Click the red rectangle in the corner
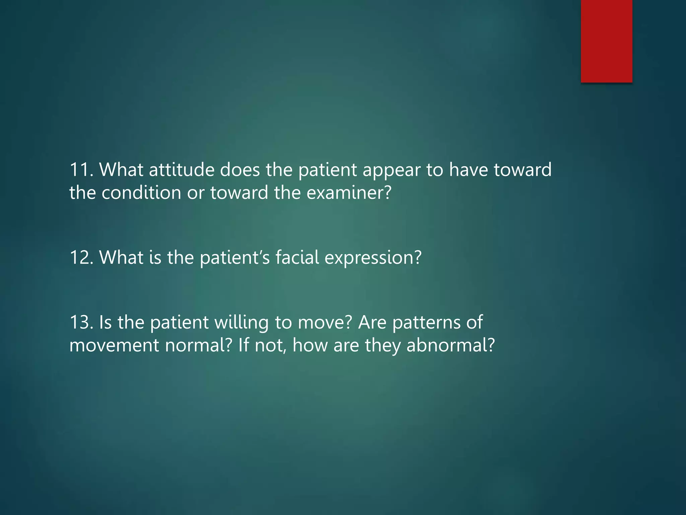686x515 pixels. coord(606,41)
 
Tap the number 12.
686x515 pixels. coord(81,257)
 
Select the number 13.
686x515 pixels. coord(81,322)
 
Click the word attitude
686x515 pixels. coord(181,170)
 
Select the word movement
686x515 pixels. coord(114,345)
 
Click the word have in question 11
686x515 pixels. coord(468,170)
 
